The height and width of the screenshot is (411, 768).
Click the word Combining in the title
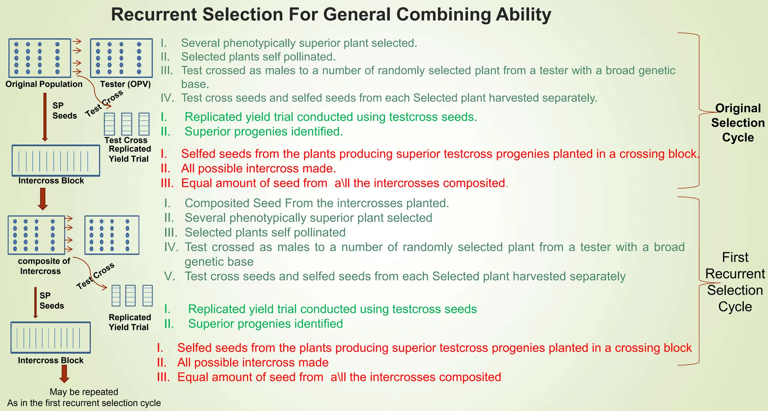click(443, 15)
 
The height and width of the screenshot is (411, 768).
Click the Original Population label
click(44, 84)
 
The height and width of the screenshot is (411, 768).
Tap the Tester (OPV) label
click(125, 84)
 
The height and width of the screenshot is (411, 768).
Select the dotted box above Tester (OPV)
click(121, 58)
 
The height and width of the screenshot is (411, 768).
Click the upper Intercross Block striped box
click(56, 160)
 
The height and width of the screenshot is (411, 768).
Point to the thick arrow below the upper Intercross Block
click(43, 199)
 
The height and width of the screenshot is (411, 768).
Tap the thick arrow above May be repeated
click(64, 374)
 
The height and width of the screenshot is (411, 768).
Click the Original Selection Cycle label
click(738, 123)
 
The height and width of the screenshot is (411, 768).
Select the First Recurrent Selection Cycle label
click(735, 282)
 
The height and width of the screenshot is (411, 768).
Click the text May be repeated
click(84, 392)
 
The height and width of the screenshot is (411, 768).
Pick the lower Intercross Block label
click(51, 360)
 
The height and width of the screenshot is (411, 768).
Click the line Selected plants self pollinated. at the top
click(258, 57)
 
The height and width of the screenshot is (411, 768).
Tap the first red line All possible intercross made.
click(258, 169)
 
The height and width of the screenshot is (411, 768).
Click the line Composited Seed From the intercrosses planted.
click(316, 203)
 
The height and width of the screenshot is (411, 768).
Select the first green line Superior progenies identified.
click(263, 132)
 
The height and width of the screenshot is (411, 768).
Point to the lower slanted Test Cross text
click(95, 276)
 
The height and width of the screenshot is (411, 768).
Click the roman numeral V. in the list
click(169, 276)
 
